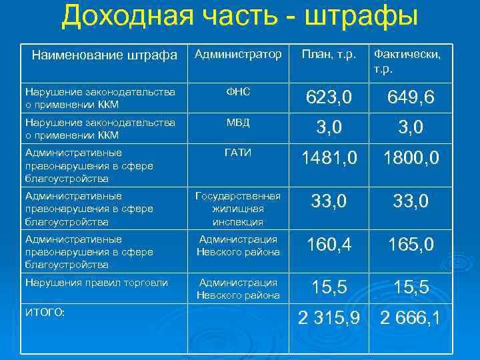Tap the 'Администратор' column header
[238, 53]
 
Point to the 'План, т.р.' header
[329, 53]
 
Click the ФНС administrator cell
[238, 91]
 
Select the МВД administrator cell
[238, 122]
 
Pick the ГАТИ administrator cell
[238, 153]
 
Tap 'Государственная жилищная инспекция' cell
[238, 209]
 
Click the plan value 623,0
[329, 99]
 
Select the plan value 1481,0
[329, 159]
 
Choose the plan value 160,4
[329, 245]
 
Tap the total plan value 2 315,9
[329, 319]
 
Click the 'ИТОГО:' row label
[45, 312]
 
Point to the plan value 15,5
[329, 287]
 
